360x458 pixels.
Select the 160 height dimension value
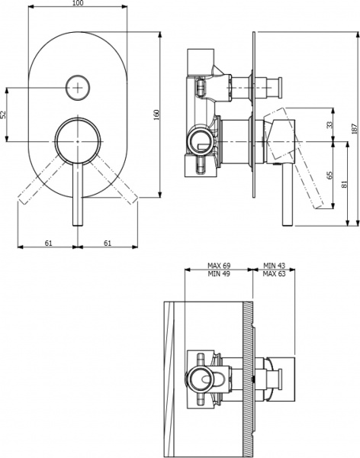click(157, 114)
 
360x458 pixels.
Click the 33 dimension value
click(330, 124)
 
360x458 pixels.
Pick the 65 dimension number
click(330, 175)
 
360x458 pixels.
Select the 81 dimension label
click(344, 183)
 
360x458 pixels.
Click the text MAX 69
click(220, 266)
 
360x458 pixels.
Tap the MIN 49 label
click(220, 274)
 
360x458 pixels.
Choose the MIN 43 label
click(274, 266)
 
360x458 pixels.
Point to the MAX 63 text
click(274, 274)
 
